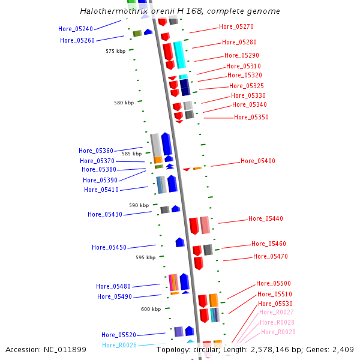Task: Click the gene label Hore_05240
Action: click(x=76, y=29)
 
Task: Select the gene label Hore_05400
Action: click(x=258, y=161)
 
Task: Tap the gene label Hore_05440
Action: click(x=266, y=219)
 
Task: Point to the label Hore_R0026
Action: click(x=119, y=346)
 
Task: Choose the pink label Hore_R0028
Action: click(x=277, y=323)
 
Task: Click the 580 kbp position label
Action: click(x=124, y=103)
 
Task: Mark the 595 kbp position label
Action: click(x=145, y=257)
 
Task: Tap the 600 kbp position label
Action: click(x=151, y=310)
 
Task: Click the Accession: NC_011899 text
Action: click(x=46, y=350)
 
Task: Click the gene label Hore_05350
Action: click(x=251, y=118)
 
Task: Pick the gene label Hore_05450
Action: click(x=109, y=248)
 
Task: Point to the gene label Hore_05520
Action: click(x=119, y=335)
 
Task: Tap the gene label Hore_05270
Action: click(x=236, y=27)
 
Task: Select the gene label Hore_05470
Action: click(x=271, y=257)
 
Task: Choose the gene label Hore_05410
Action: click(x=101, y=190)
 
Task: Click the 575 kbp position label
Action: click(x=116, y=52)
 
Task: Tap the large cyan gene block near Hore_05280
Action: click(x=179, y=55)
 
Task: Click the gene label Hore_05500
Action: click(x=274, y=284)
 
